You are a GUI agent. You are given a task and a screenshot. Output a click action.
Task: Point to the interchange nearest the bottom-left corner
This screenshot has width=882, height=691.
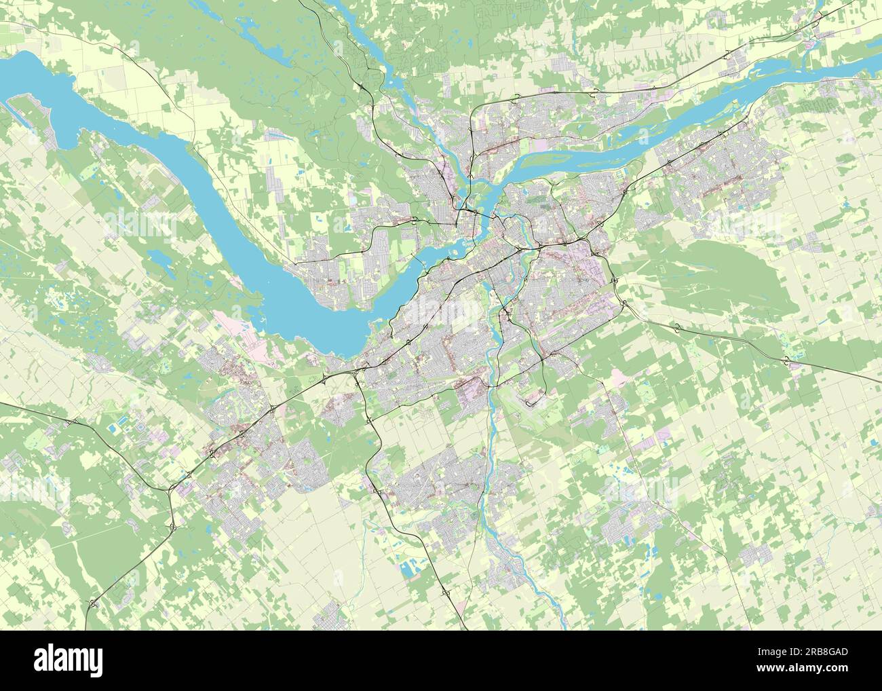[92, 603]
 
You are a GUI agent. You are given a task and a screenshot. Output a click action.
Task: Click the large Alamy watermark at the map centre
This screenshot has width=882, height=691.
[441, 312]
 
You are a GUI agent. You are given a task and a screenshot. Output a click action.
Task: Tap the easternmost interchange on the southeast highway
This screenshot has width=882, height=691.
[787, 360]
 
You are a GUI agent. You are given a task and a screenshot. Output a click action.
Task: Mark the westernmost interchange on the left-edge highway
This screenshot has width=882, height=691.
[71, 424]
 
